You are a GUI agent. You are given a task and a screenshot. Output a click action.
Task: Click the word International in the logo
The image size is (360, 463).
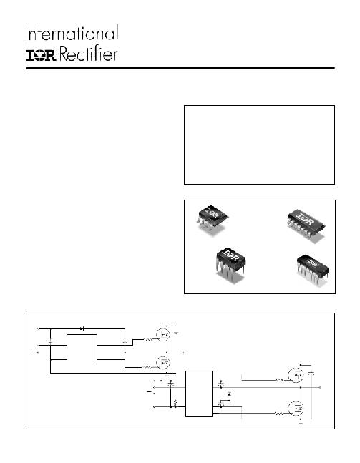pyautogui.click(x=72, y=33)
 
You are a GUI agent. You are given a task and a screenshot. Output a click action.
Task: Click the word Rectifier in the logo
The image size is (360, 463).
pyautogui.click(x=89, y=54)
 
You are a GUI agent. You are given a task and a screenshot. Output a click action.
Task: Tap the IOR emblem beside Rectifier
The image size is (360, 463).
pyautogui.click(x=41, y=55)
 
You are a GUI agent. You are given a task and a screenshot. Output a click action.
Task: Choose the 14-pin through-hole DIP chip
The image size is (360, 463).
pyautogui.click(x=313, y=270)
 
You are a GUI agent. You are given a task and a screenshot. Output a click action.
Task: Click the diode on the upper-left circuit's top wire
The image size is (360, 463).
pyautogui.click(x=82, y=328)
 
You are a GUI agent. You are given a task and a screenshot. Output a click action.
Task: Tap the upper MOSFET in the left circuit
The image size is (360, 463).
pyautogui.click(x=162, y=335)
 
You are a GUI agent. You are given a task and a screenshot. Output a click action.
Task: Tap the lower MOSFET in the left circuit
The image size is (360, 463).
pyautogui.click(x=162, y=363)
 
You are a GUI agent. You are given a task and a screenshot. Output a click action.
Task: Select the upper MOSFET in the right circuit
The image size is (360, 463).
pyautogui.click(x=296, y=375)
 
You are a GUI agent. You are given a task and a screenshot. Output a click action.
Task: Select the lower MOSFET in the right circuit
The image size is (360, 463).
pyautogui.click(x=296, y=409)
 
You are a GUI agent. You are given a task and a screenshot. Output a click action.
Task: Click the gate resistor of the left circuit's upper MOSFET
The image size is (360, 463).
pyautogui.click(x=148, y=340)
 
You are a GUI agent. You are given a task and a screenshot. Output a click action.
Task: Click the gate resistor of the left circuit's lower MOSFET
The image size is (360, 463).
pyautogui.click(x=147, y=367)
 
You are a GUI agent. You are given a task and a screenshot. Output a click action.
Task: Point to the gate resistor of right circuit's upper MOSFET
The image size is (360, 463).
pyautogui.click(x=279, y=380)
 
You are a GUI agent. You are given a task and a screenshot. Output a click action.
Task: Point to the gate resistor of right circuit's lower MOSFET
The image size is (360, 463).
pyautogui.click(x=279, y=414)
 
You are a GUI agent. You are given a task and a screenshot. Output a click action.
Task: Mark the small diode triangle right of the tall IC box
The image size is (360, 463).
pyautogui.click(x=229, y=394)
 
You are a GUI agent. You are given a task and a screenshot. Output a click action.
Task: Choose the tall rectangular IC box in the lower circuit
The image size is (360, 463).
pyautogui.click(x=199, y=394)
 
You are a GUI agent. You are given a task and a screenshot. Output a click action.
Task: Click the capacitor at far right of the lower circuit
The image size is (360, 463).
pyautogui.click(x=311, y=374)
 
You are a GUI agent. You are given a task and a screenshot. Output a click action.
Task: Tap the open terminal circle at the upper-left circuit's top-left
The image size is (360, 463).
pyautogui.click(x=39, y=328)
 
